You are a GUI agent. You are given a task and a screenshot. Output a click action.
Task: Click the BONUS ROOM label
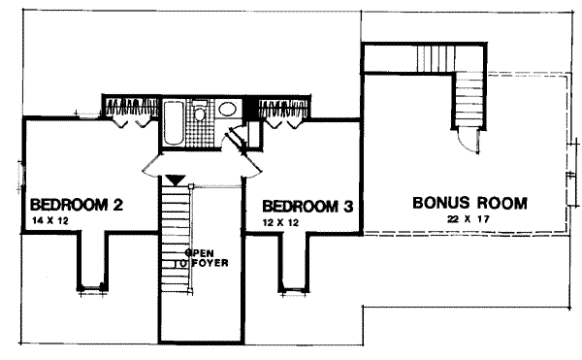click(469, 204)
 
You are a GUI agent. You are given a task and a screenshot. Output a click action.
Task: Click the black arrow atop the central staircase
click(175, 180)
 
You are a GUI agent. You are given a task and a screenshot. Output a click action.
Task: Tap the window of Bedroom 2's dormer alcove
click(93, 286)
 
